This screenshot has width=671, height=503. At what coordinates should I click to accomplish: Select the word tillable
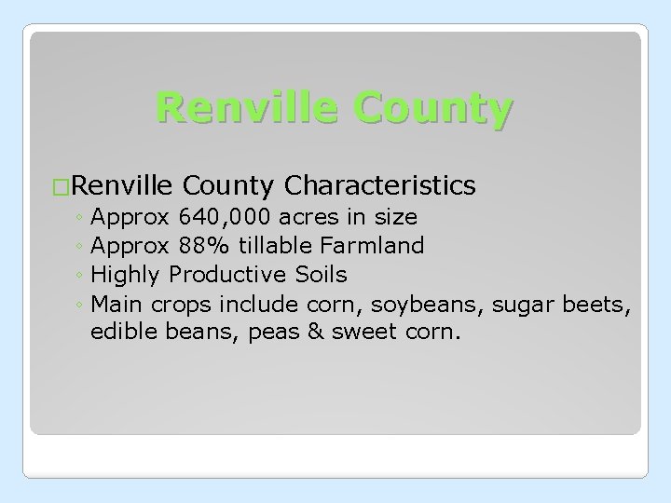(x=277, y=246)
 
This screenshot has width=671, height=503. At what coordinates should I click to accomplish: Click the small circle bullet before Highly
(x=82, y=276)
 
